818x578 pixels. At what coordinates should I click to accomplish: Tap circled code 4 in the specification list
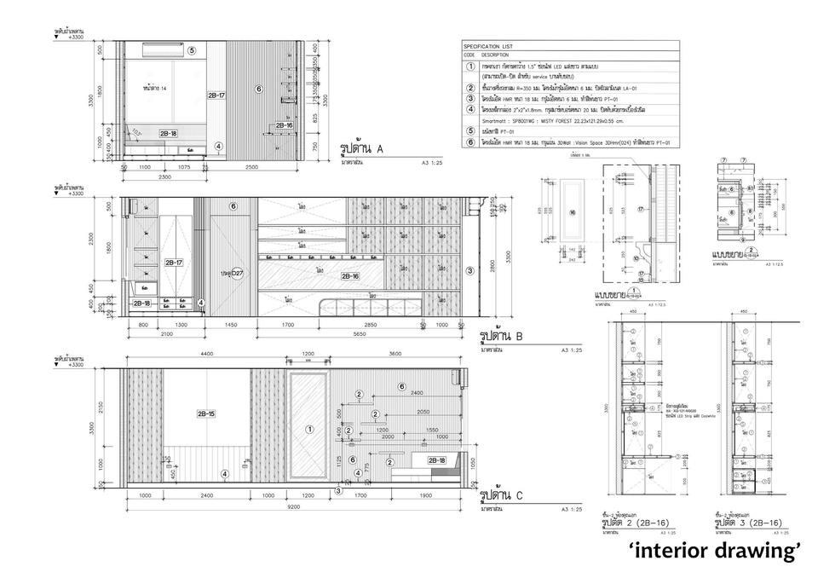[470, 108]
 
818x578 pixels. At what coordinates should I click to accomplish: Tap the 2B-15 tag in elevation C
[206, 413]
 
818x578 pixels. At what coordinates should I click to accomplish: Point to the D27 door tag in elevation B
[233, 273]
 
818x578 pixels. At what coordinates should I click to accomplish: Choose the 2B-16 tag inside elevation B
[349, 276]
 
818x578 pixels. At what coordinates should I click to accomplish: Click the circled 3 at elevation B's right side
[470, 271]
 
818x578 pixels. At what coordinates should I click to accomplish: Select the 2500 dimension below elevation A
[252, 166]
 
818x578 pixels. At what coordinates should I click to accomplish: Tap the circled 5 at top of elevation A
[192, 50]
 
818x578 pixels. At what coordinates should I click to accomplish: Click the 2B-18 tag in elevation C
[435, 460]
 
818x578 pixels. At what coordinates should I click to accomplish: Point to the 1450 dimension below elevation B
[232, 325]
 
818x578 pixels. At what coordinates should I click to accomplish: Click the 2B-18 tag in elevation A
[168, 134]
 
